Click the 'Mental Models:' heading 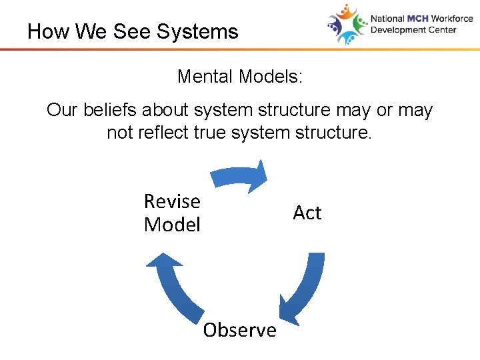tap(240, 77)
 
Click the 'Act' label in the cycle tap(307, 213)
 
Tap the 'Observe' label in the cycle tap(239, 330)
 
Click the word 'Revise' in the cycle tap(172, 201)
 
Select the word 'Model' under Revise tap(172, 225)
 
